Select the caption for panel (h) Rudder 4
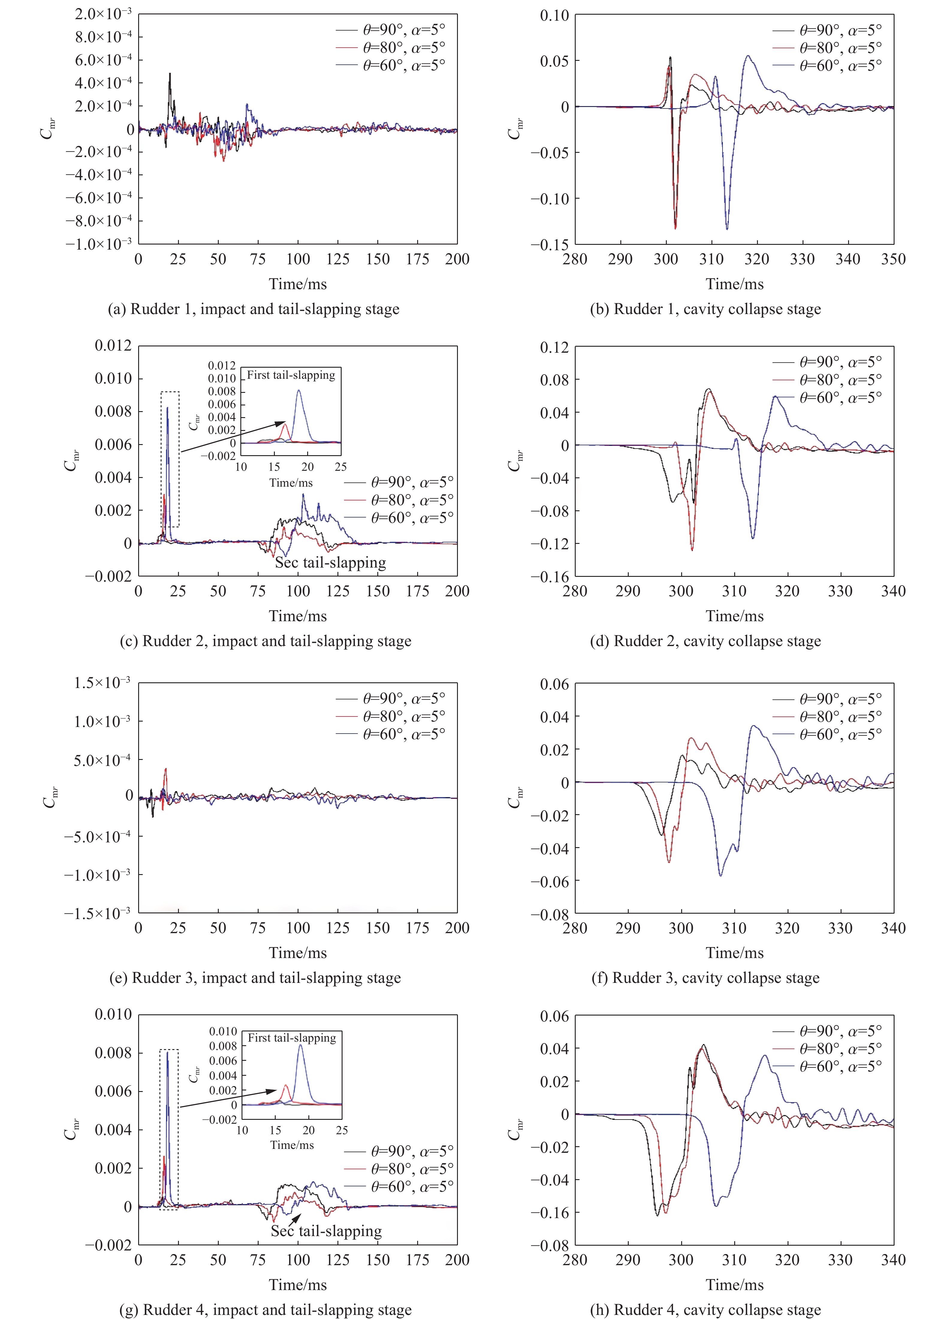[705, 1309]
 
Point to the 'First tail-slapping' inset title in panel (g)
[292, 1037]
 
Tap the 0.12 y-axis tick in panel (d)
[554, 348]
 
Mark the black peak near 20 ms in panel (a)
[170, 74]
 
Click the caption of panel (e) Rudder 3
[255, 978]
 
